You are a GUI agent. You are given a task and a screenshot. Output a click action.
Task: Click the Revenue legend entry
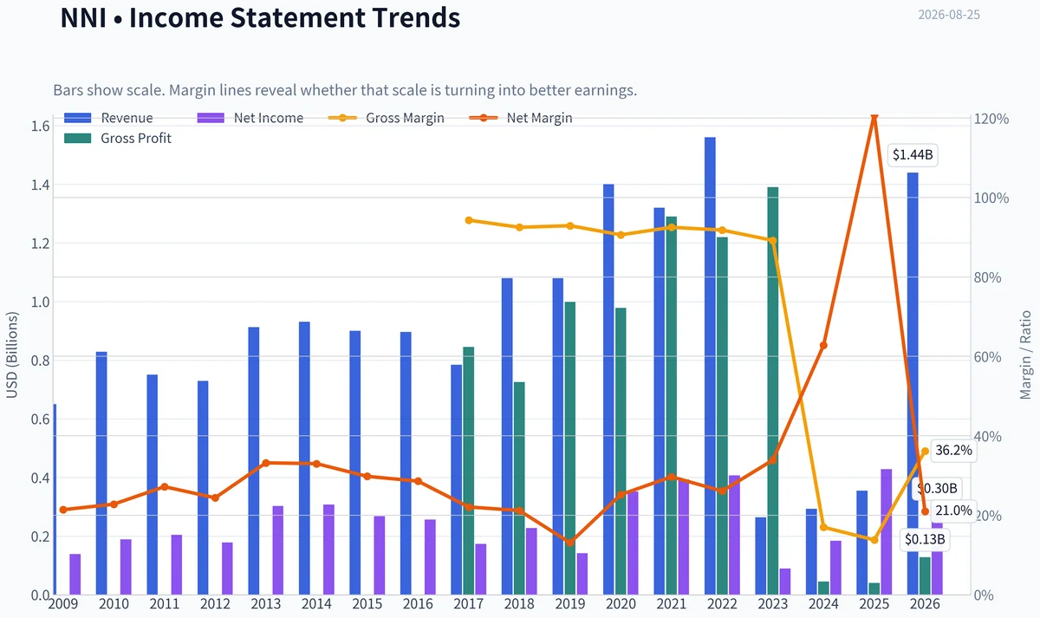[108, 118]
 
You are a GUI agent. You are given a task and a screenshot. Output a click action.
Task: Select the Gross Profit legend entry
[118, 139]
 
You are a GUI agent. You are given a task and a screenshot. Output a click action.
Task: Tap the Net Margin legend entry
[521, 118]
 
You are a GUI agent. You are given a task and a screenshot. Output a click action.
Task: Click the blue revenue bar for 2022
[710, 366]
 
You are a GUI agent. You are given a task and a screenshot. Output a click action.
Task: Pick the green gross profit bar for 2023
[772, 391]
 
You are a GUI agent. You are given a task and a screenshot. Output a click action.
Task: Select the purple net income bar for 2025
[887, 532]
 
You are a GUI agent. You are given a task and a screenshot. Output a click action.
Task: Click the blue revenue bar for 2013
[253, 461]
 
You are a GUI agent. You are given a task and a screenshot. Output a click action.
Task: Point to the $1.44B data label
[913, 154]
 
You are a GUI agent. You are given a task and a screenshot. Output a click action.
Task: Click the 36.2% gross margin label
[953, 451]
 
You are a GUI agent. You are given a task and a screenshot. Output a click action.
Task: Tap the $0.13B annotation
[925, 539]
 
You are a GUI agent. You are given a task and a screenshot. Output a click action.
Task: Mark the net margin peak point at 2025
[874, 117]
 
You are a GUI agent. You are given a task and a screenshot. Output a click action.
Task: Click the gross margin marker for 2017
[469, 220]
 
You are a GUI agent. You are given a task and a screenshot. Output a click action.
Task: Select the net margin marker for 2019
[570, 542]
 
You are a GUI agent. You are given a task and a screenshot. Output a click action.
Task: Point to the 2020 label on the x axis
[621, 604]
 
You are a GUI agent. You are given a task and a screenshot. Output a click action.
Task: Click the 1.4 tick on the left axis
[40, 185]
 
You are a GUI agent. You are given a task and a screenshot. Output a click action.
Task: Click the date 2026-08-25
[948, 15]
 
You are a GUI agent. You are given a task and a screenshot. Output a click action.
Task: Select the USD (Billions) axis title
[11, 355]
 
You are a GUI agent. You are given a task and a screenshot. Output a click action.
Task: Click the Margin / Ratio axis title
[1024, 355]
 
